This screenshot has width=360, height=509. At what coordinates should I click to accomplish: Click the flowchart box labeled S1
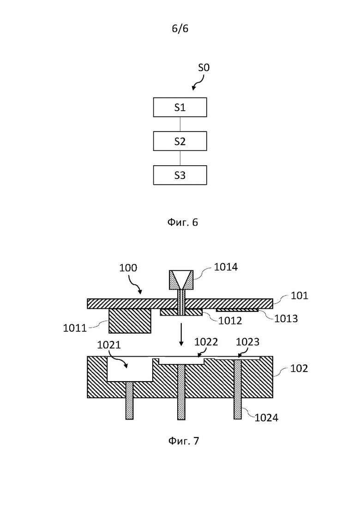[x=180, y=107]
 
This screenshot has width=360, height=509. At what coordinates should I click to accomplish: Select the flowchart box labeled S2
[x=180, y=141]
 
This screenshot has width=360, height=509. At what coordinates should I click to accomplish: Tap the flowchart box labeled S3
[x=180, y=175]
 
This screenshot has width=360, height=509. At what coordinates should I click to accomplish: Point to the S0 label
[x=204, y=67]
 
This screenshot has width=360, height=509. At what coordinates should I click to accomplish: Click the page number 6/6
[x=180, y=29]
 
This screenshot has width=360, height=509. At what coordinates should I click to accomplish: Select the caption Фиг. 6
[x=182, y=222]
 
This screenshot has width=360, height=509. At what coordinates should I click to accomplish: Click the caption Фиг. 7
[x=183, y=441]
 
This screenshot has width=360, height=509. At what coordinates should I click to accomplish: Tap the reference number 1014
[x=226, y=267]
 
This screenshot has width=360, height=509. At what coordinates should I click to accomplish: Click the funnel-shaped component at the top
[x=181, y=280]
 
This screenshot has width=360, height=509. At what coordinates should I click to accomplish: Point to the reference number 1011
[x=75, y=328]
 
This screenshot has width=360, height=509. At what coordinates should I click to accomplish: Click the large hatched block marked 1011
[x=130, y=321]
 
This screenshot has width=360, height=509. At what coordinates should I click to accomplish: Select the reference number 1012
[x=230, y=321]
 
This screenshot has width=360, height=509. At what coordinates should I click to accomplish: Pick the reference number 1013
[x=286, y=319]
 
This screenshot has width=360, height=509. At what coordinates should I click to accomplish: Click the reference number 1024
[x=266, y=418]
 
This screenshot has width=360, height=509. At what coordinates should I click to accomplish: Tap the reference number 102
[x=299, y=368]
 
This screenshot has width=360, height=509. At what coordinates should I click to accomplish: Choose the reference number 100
[x=128, y=268]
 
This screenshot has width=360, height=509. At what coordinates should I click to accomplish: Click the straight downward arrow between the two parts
[x=181, y=335]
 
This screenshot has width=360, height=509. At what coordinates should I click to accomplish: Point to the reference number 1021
[x=109, y=345]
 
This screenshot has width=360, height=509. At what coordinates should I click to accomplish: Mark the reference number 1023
[x=248, y=342]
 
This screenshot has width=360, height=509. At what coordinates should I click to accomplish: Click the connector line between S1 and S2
[x=180, y=124]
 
